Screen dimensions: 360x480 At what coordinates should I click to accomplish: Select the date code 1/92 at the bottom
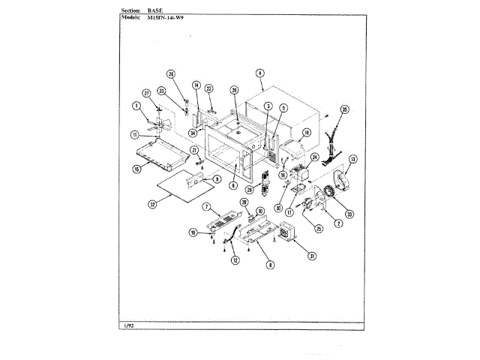(x=127, y=325)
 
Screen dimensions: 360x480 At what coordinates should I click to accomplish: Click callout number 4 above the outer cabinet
(x=259, y=73)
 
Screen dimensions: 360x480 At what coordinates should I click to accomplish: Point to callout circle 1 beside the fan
(x=137, y=106)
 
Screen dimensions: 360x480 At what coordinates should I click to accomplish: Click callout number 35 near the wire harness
(x=344, y=110)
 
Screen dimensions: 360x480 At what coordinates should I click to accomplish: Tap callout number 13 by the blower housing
(x=352, y=159)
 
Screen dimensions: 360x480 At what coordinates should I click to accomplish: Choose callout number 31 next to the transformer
(x=310, y=255)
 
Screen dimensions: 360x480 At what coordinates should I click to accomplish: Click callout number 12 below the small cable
(x=235, y=259)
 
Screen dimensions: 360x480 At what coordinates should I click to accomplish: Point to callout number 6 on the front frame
(x=233, y=185)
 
